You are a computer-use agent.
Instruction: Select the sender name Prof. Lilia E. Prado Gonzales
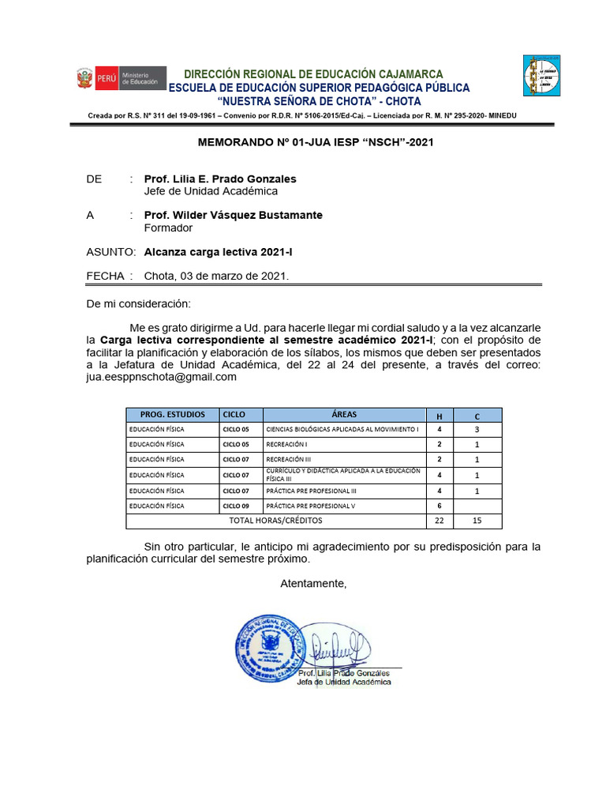coord(220,179)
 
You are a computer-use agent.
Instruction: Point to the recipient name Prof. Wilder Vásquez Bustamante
coord(233,215)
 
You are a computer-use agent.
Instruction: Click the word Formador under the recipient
coord(168,228)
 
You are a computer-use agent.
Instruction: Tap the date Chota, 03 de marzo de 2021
coord(216,276)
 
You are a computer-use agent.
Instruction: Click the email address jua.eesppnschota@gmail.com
coord(161,377)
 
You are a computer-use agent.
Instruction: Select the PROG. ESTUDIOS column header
coord(172,414)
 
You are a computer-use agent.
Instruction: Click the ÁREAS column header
coord(344,414)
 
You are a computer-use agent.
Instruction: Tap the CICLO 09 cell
coord(235,506)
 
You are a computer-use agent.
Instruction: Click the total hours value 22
coord(439,521)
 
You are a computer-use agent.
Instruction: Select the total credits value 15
coord(477,521)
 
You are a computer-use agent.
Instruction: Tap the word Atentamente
coord(313,583)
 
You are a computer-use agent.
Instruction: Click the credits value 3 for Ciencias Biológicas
coord(477,429)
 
